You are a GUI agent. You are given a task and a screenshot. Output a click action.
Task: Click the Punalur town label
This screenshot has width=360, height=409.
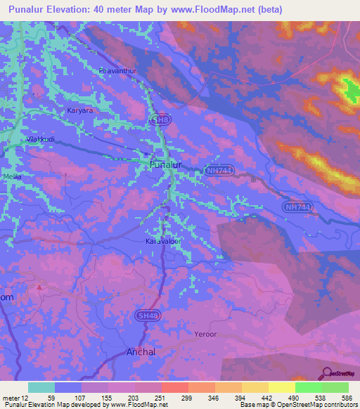coord(166,164)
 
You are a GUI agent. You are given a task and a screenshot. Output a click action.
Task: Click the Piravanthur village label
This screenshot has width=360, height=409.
coord(116,70)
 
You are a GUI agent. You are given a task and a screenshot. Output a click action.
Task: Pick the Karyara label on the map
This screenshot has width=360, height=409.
coord(79,111)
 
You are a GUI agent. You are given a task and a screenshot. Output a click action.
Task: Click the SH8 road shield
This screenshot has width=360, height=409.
coord(160,121)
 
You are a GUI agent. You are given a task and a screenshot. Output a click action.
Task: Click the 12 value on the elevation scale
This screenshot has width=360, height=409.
coord(25,398)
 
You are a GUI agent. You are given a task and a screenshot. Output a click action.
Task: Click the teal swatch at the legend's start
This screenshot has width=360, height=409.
coord(41,387)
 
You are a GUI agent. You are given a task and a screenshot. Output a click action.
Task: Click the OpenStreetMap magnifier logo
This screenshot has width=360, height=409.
coord(328,373)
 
